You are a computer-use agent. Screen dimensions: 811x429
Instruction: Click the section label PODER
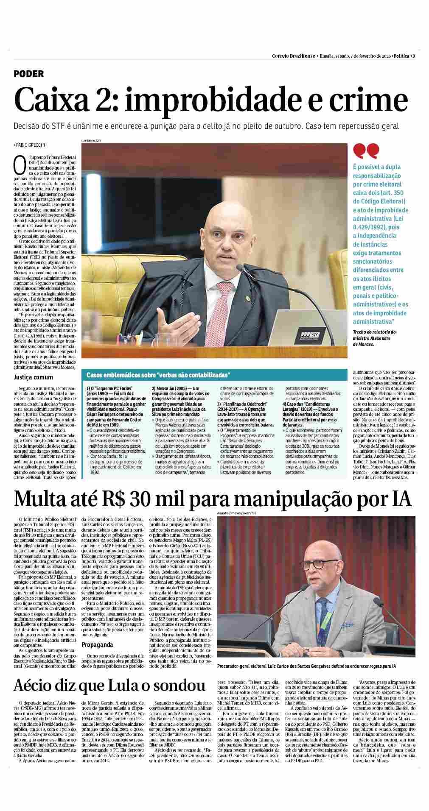click(29, 74)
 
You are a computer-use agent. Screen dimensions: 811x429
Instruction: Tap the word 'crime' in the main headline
click(366, 100)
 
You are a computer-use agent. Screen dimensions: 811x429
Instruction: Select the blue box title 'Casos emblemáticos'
click(158, 375)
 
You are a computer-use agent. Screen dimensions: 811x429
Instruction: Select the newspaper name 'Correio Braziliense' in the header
click(293, 56)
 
